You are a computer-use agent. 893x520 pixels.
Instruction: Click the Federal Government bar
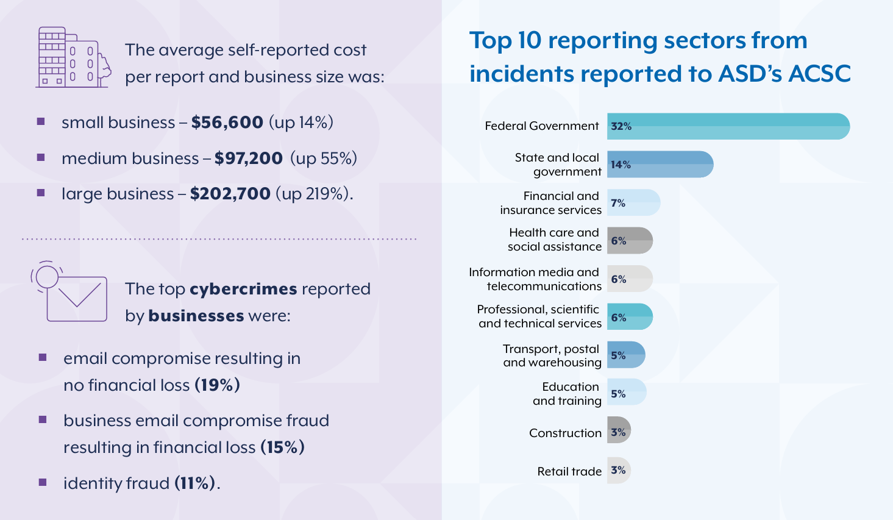tap(728, 126)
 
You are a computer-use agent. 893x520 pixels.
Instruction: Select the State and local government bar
tap(660, 165)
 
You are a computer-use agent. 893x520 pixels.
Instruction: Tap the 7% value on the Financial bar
tap(618, 203)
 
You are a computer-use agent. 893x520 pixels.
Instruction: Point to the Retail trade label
tap(569, 471)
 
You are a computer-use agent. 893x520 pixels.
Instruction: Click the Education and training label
tap(567, 394)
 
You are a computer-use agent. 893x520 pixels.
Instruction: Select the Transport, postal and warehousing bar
tap(626, 355)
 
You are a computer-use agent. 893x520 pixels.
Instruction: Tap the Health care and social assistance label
tap(555, 240)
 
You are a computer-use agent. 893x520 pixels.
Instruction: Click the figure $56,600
tap(227, 123)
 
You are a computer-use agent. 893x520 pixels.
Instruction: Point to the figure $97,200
tap(248, 158)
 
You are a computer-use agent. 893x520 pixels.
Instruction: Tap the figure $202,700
tap(230, 194)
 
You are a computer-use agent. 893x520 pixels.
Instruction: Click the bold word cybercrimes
tap(243, 289)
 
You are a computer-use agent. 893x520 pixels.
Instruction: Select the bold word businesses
tap(196, 316)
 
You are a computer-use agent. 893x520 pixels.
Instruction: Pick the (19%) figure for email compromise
tap(217, 385)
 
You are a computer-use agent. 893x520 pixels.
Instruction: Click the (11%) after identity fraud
tap(195, 483)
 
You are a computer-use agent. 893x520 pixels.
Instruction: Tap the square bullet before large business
tap(41, 193)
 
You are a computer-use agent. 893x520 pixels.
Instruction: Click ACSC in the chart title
tap(819, 74)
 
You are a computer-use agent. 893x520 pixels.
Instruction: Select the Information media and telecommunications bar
tap(630, 279)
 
